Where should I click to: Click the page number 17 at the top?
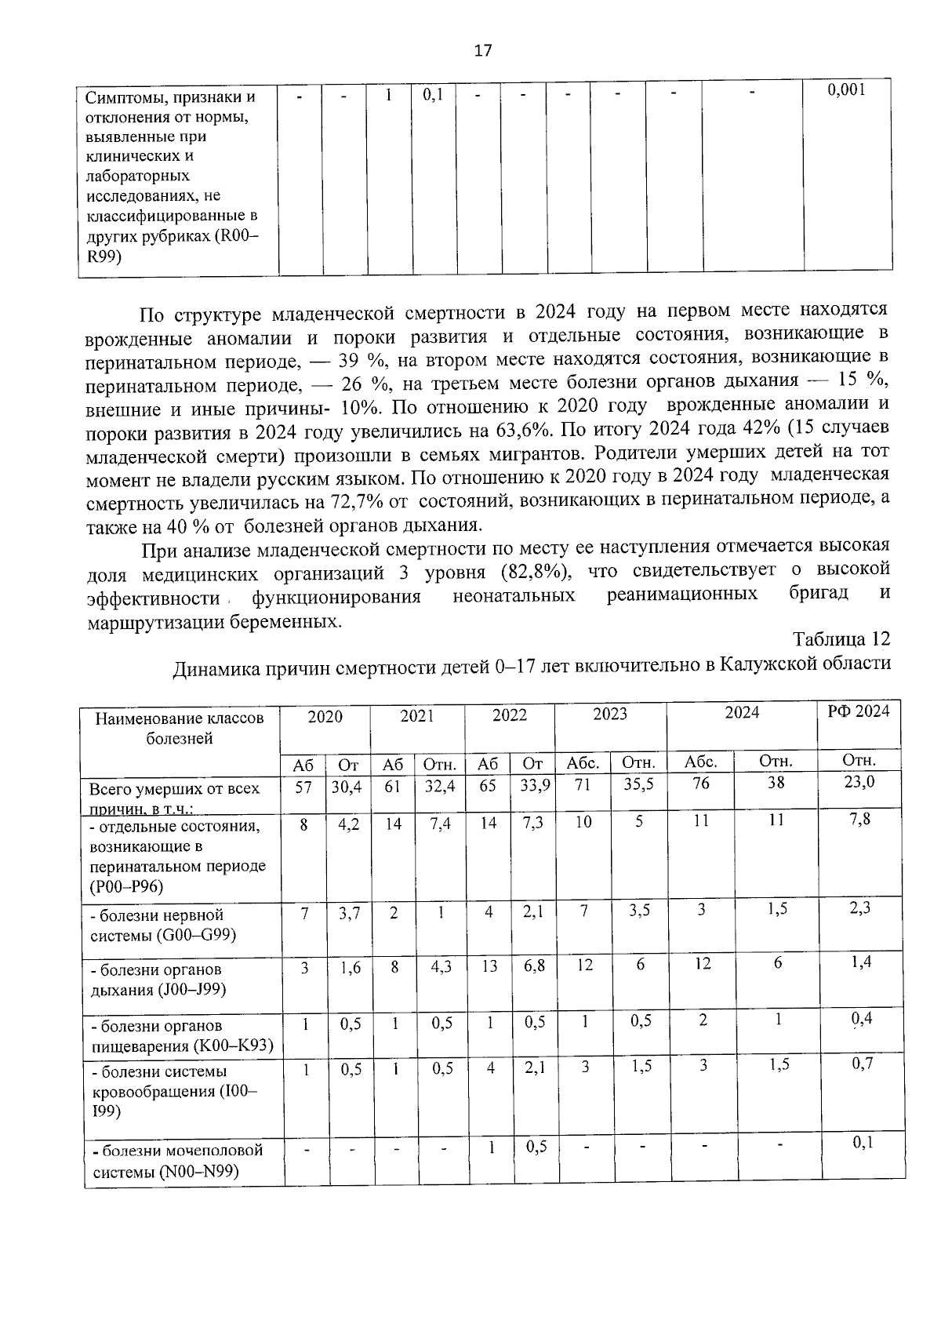tap(482, 51)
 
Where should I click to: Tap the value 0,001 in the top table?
tap(847, 91)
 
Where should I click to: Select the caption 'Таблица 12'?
tap(841, 638)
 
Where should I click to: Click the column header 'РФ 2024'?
tap(859, 711)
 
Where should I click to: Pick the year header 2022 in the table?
tap(509, 715)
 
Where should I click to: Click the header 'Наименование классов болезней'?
tap(180, 728)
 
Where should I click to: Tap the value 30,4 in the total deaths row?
tap(346, 786)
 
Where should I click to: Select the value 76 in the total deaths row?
tap(701, 784)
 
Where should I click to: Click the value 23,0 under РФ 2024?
tap(859, 782)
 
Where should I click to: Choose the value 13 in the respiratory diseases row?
tap(489, 966)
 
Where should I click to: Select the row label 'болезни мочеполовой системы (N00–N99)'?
tap(177, 1161)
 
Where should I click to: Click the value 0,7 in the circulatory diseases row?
tap(863, 1064)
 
